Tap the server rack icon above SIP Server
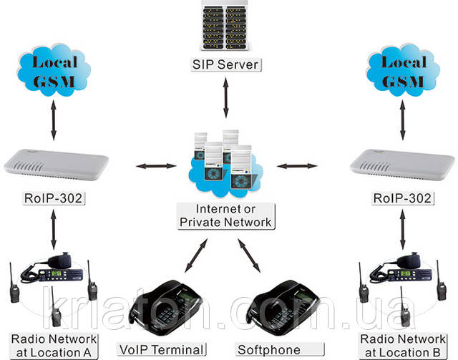point(227,27)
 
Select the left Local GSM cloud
point(54,70)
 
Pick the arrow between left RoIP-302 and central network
point(156,167)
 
